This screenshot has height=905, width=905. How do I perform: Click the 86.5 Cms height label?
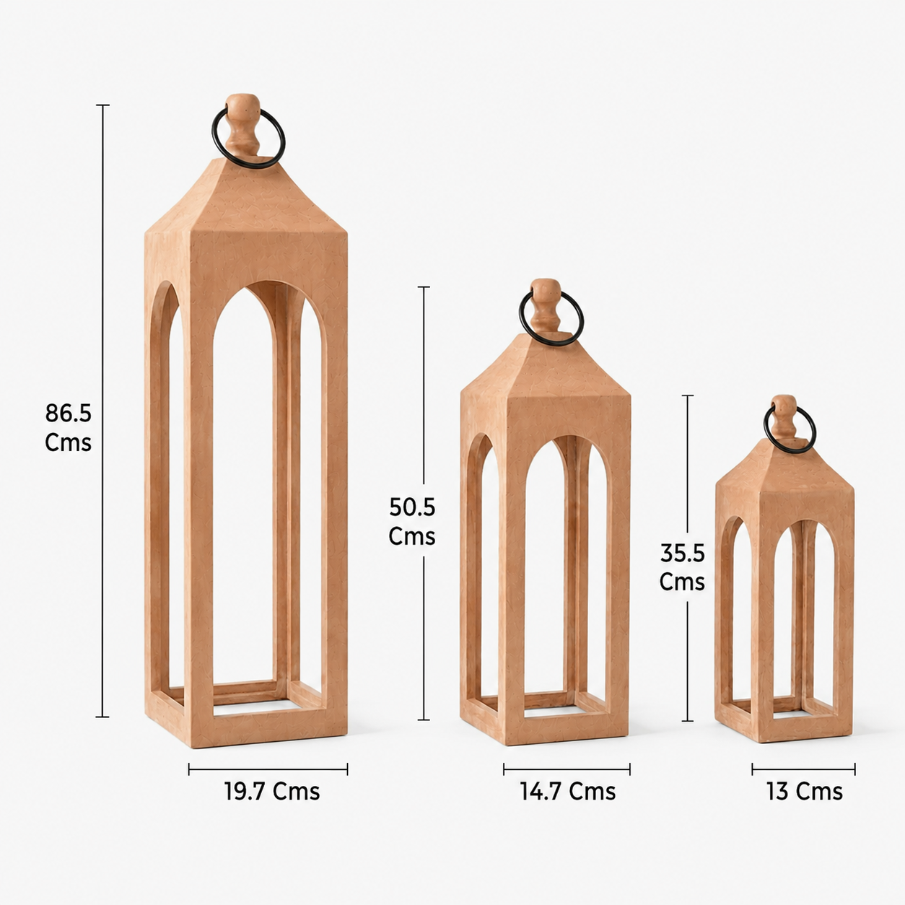(x=68, y=427)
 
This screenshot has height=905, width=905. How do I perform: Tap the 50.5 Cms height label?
(x=412, y=521)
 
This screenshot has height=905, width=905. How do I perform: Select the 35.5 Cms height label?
(x=683, y=567)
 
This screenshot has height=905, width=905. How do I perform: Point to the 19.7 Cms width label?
(x=271, y=792)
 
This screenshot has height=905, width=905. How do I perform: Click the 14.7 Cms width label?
(x=567, y=792)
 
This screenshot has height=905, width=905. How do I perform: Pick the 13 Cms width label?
(x=805, y=792)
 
